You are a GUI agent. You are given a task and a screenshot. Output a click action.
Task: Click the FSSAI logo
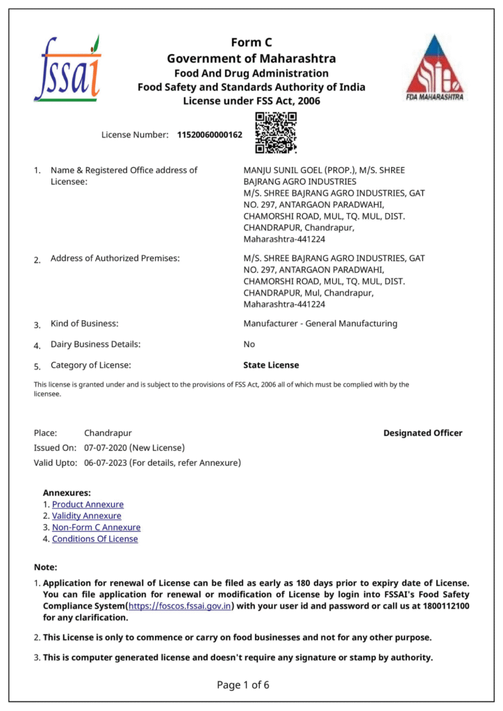[x=67, y=68]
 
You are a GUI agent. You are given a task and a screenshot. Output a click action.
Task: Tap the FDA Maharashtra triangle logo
[x=435, y=68]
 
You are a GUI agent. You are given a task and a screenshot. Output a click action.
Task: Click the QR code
[x=276, y=133]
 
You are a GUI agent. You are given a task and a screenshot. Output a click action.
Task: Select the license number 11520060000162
[x=210, y=135]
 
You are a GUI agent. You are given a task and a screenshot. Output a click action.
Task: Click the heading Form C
[x=251, y=43]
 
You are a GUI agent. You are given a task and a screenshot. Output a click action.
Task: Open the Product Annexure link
[x=88, y=505]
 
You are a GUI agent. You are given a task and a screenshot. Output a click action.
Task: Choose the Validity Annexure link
[x=86, y=516]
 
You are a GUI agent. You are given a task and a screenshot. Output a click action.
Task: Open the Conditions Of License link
[x=94, y=539]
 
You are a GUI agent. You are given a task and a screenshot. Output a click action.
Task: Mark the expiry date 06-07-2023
[x=105, y=462]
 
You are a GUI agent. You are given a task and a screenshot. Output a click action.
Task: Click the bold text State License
[x=271, y=365]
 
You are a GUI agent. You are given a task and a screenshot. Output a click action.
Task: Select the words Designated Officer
[x=422, y=433]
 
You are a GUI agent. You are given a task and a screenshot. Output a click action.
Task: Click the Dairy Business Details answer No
[x=249, y=344]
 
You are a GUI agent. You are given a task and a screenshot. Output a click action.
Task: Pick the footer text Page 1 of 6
[x=243, y=685]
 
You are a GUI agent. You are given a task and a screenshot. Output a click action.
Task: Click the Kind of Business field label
[x=84, y=324]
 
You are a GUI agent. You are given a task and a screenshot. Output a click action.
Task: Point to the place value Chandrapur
[x=108, y=433]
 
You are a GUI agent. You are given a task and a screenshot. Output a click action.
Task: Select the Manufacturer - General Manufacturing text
[x=320, y=324]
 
